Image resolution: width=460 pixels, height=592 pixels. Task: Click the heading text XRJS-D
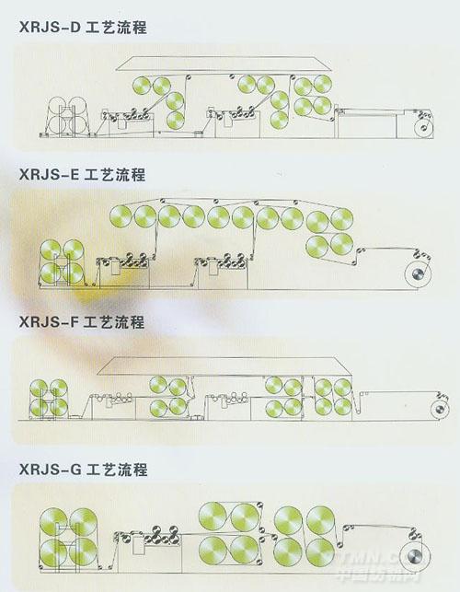(x=51, y=28)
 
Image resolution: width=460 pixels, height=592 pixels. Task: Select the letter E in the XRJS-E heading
(x=75, y=175)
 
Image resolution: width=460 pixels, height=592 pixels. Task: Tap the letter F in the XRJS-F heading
(x=75, y=322)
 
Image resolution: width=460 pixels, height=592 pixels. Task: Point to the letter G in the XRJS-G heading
(x=75, y=470)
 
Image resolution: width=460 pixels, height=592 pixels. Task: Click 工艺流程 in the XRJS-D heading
(x=117, y=28)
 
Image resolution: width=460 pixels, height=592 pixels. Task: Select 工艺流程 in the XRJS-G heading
(x=117, y=470)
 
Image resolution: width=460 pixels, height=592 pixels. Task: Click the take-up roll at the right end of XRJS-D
(x=423, y=128)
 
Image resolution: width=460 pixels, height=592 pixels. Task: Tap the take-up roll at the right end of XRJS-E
(x=418, y=274)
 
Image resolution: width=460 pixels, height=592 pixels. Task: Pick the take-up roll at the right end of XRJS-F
(x=440, y=410)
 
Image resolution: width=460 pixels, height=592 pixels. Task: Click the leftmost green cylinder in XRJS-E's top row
(x=121, y=216)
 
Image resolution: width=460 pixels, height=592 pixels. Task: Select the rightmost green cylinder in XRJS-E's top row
(x=342, y=219)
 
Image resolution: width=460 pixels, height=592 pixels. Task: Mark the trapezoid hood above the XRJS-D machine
(x=224, y=64)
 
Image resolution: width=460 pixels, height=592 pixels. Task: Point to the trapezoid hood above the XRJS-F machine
(x=224, y=366)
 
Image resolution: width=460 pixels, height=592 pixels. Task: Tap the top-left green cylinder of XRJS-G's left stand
(x=53, y=521)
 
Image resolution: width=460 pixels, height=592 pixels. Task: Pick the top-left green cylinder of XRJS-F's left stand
(x=39, y=389)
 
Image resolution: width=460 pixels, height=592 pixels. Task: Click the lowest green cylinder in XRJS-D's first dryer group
(x=175, y=120)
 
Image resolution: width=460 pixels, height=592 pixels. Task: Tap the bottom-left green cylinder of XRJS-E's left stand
(x=51, y=273)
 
